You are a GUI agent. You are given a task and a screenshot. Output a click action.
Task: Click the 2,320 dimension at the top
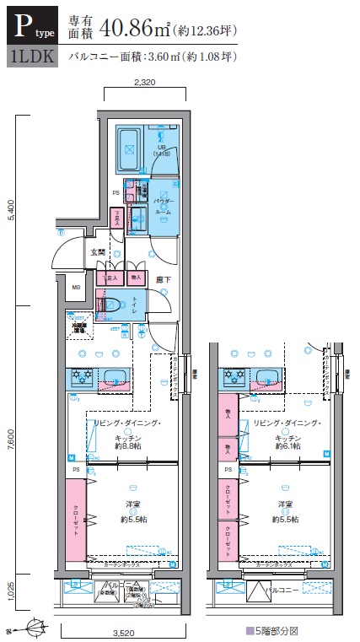(x=146, y=83)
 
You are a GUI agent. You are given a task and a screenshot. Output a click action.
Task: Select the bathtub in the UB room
(x=130, y=148)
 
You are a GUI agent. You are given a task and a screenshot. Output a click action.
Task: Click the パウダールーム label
(x=165, y=206)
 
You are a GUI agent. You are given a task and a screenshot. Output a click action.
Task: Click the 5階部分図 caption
(x=275, y=629)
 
